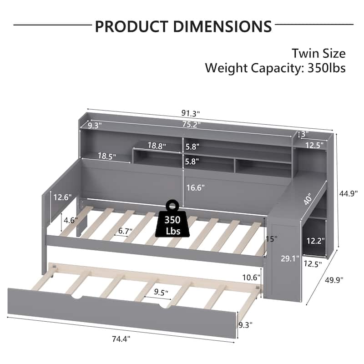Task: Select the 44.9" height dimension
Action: pos(348,193)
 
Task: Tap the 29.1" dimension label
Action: pos(290,259)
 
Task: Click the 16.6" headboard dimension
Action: pos(196,187)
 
